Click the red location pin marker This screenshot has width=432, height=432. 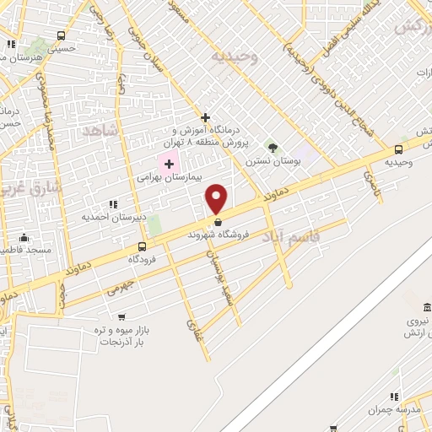point(217,198)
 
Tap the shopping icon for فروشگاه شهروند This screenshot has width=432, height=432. point(218,223)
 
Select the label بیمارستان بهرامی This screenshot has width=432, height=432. point(170,178)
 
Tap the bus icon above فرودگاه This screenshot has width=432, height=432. point(141,247)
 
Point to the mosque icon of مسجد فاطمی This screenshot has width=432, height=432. point(24,237)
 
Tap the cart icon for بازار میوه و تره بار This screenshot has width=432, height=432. point(121,317)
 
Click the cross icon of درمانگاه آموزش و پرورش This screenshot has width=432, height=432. point(205,117)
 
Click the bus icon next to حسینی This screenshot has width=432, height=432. point(61,36)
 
